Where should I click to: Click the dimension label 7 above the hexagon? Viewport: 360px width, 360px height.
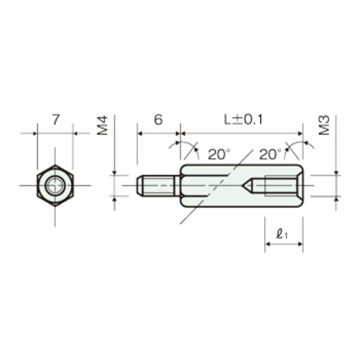point(56,119)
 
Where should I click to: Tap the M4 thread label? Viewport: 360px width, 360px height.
point(102,125)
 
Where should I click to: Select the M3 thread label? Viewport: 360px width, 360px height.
point(325,125)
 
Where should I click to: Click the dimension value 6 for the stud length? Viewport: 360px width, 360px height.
point(158,119)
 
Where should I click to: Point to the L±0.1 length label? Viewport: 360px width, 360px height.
point(243,119)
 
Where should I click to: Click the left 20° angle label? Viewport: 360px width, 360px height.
point(219,154)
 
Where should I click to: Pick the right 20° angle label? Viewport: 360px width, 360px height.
point(270,154)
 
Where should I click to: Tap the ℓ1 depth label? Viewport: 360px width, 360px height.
point(282,234)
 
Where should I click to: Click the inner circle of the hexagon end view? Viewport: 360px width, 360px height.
point(55,185)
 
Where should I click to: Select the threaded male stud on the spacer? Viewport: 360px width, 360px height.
point(158,185)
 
